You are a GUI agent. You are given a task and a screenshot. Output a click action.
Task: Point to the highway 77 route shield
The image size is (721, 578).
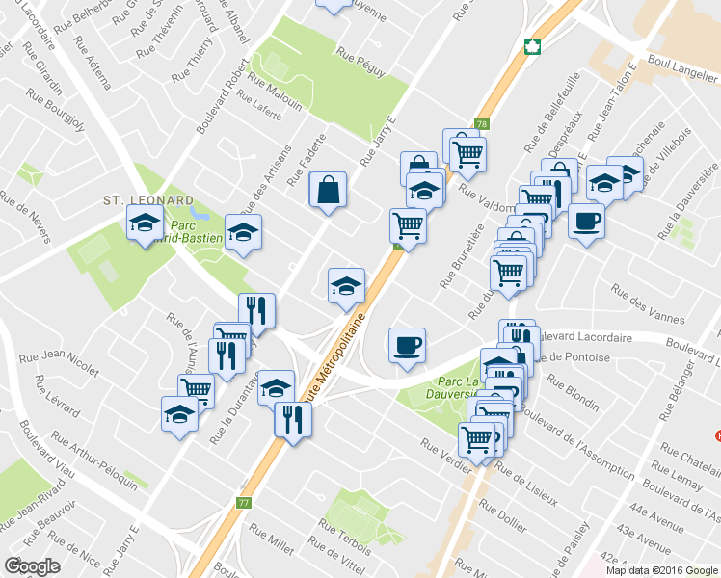pos(243,503)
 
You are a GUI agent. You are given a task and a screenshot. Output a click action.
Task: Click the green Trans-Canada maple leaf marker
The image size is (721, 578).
pos(530,45)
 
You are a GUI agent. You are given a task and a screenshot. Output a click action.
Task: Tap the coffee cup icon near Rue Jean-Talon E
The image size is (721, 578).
pos(585,223)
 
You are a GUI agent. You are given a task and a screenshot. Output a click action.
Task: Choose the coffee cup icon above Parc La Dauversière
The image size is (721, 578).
pos(407,344)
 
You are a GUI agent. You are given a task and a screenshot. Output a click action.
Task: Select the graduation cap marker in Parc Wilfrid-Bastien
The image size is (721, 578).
pos(145,224)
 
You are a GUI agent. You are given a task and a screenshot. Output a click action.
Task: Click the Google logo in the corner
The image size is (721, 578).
pos(32,566)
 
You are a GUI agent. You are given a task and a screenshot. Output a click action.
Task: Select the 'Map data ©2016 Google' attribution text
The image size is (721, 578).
pos(660,569)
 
